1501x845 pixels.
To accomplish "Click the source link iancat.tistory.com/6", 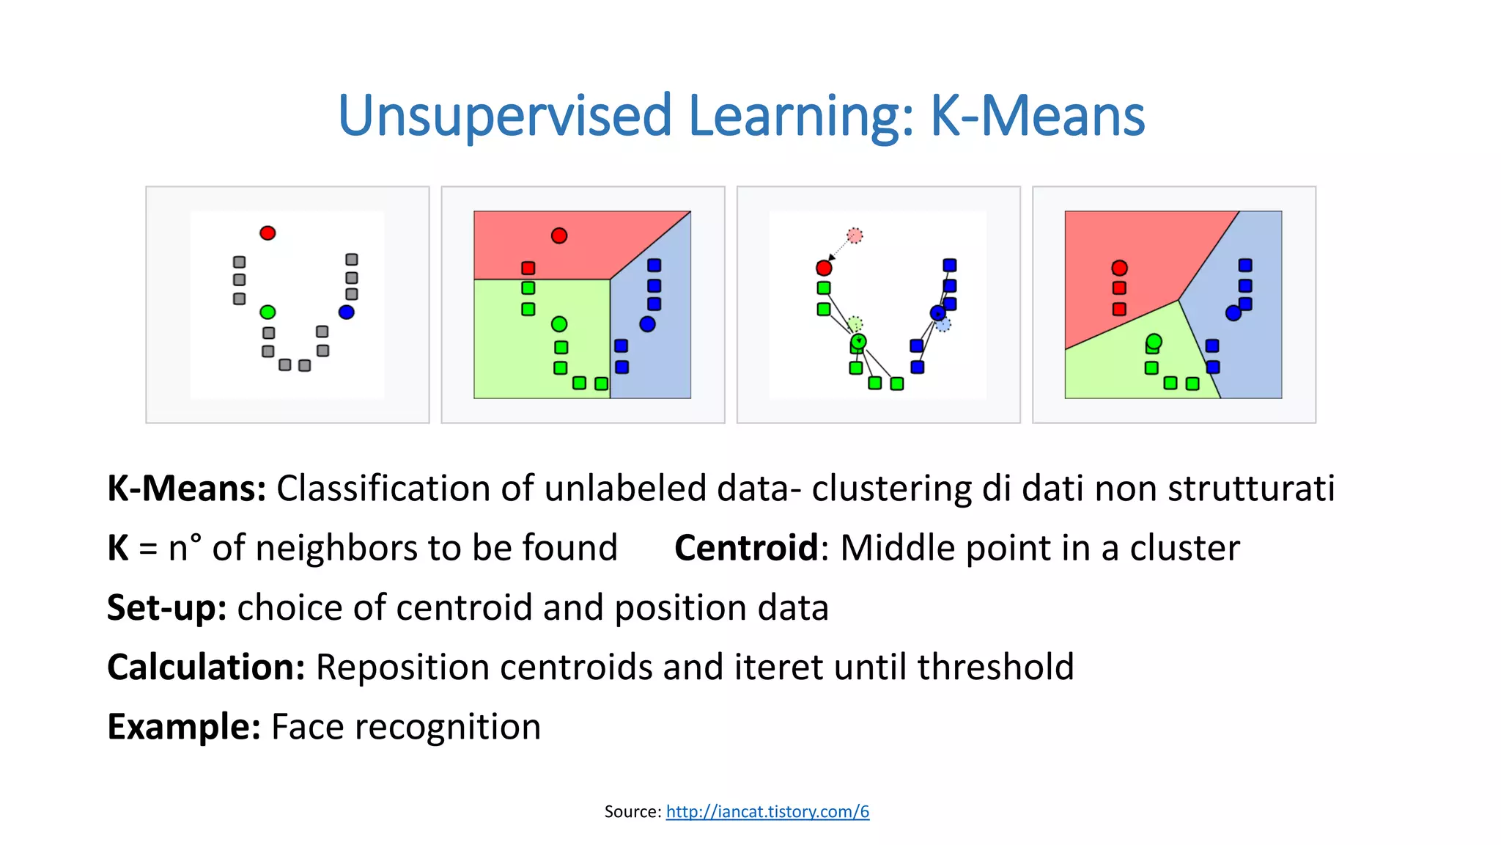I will tap(767, 811).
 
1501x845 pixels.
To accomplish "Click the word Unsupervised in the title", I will tap(504, 116).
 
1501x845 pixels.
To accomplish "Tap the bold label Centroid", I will tap(745, 548).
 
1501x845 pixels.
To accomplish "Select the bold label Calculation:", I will tap(206, 667).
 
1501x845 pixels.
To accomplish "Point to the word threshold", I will tap(995, 667).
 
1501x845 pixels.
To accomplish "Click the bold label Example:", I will tap(183, 726).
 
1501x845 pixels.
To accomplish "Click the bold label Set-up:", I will tap(166, 607).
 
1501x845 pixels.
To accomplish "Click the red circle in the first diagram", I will tap(268, 233).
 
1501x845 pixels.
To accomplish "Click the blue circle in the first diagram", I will tap(347, 312).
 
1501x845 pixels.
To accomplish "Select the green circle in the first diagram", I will tap(268, 312).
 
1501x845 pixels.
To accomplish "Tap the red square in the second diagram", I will tap(528, 268).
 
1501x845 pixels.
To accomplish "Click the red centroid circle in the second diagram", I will tap(559, 235).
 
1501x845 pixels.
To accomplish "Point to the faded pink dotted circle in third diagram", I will tap(855, 235).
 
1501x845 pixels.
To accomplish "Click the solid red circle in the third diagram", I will tap(824, 268).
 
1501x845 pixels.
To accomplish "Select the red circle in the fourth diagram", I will tap(1119, 268).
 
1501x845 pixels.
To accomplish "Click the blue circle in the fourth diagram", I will tap(1233, 313).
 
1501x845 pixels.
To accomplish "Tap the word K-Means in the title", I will tap(1037, 116).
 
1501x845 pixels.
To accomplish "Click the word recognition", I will tap(447, 727).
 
